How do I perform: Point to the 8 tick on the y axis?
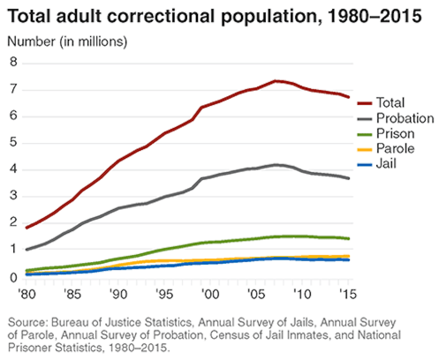tap(13, 62)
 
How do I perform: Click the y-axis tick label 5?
tap(13, 143)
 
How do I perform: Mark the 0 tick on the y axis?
tap(13, 278)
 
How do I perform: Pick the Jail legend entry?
tap(387, 165)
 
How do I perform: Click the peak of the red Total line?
tap(276, 80)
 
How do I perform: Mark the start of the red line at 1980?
tap(27, 228)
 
